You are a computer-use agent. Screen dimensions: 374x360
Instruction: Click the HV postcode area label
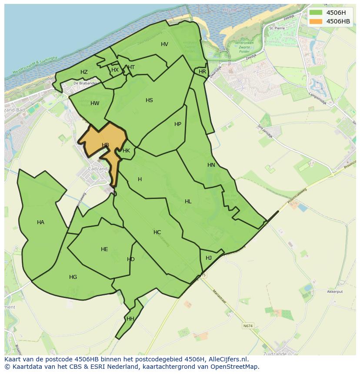(x=164, y=44)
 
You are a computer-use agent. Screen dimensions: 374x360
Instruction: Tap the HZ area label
(x=84, y=72)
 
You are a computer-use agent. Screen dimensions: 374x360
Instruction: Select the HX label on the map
(x=115, y=70)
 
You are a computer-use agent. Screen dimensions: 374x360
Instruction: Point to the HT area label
(x=131, y=67)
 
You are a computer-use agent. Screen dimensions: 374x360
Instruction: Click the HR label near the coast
(x=202, y=72)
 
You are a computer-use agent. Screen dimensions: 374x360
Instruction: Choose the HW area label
(x=95, y=103)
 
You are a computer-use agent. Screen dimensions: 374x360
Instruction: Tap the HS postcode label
(x=149, y=100)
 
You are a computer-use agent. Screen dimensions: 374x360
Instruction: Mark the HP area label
(x=177, y=124)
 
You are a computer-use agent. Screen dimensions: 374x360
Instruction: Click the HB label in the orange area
(x=105, y=145)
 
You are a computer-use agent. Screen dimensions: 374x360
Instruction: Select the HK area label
(x=126, y=151)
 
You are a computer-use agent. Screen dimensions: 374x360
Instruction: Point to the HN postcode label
(x=211, y=165)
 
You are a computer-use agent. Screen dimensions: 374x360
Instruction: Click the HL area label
(x=188, y=202)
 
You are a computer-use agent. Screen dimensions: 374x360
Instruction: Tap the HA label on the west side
(x=40, y=222)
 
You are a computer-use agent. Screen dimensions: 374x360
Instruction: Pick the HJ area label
(x=209, y=258)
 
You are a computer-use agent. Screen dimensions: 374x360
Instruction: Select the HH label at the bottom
(x=130, y=319)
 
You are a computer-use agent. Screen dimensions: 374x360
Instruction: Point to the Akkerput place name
(x=335, y=292)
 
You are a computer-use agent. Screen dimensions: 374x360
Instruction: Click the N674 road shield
(x=248, y=326)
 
